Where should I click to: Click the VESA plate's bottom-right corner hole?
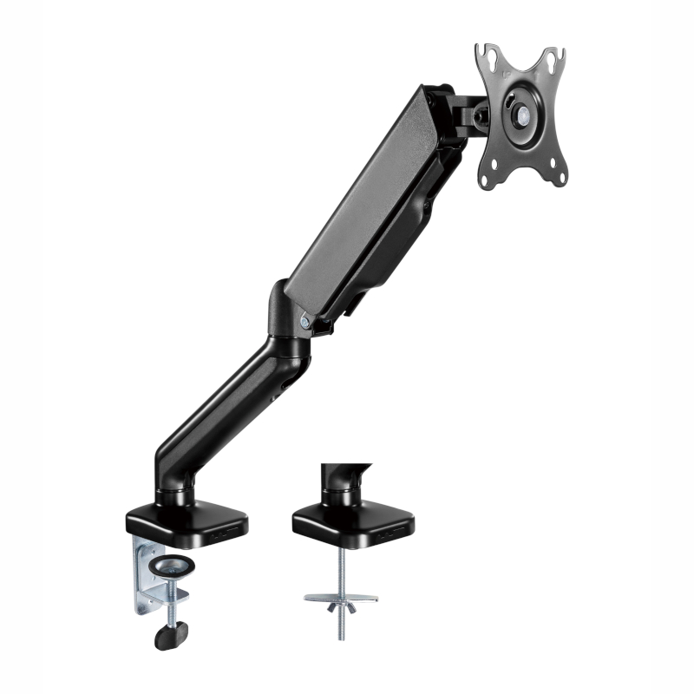coord(560,176)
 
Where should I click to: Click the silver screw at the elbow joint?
coord(305,321)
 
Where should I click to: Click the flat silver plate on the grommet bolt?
coord(341,598)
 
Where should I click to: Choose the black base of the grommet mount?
coord(351,520)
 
